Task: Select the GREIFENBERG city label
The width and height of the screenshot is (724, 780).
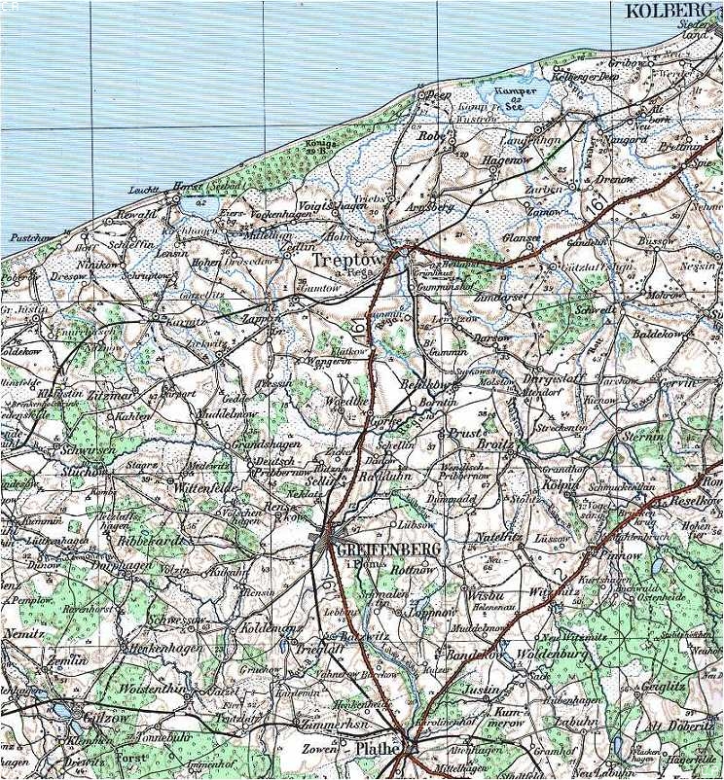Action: point(388,550)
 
